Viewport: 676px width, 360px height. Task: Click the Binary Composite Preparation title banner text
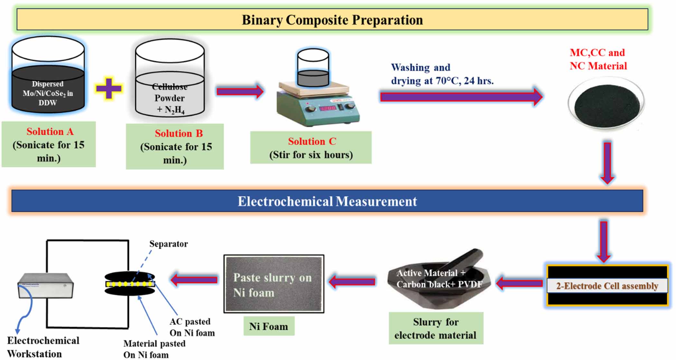(332, 20)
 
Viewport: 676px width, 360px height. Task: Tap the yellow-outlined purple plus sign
(109, 88)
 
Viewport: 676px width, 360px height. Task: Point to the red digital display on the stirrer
(327, 108)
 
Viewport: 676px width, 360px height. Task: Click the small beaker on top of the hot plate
(313, 68)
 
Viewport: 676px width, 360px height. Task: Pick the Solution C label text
(312, 141)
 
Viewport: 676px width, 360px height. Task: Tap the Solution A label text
(50, 132)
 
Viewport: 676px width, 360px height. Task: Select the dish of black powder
(606, 104)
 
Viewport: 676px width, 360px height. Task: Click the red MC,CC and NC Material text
(598, 59)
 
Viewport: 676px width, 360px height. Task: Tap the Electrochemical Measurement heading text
(327, 201)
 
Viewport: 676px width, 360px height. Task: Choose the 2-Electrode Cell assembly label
(607, 286)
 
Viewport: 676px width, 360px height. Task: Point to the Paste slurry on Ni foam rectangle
(274, 284)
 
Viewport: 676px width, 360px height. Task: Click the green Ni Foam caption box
(268, 326)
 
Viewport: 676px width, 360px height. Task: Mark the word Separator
(168, 244)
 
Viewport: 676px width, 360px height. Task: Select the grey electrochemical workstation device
(45, 285)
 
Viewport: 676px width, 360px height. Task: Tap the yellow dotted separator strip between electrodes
(130, 284)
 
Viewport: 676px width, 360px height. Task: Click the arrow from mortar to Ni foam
(352, 282)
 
